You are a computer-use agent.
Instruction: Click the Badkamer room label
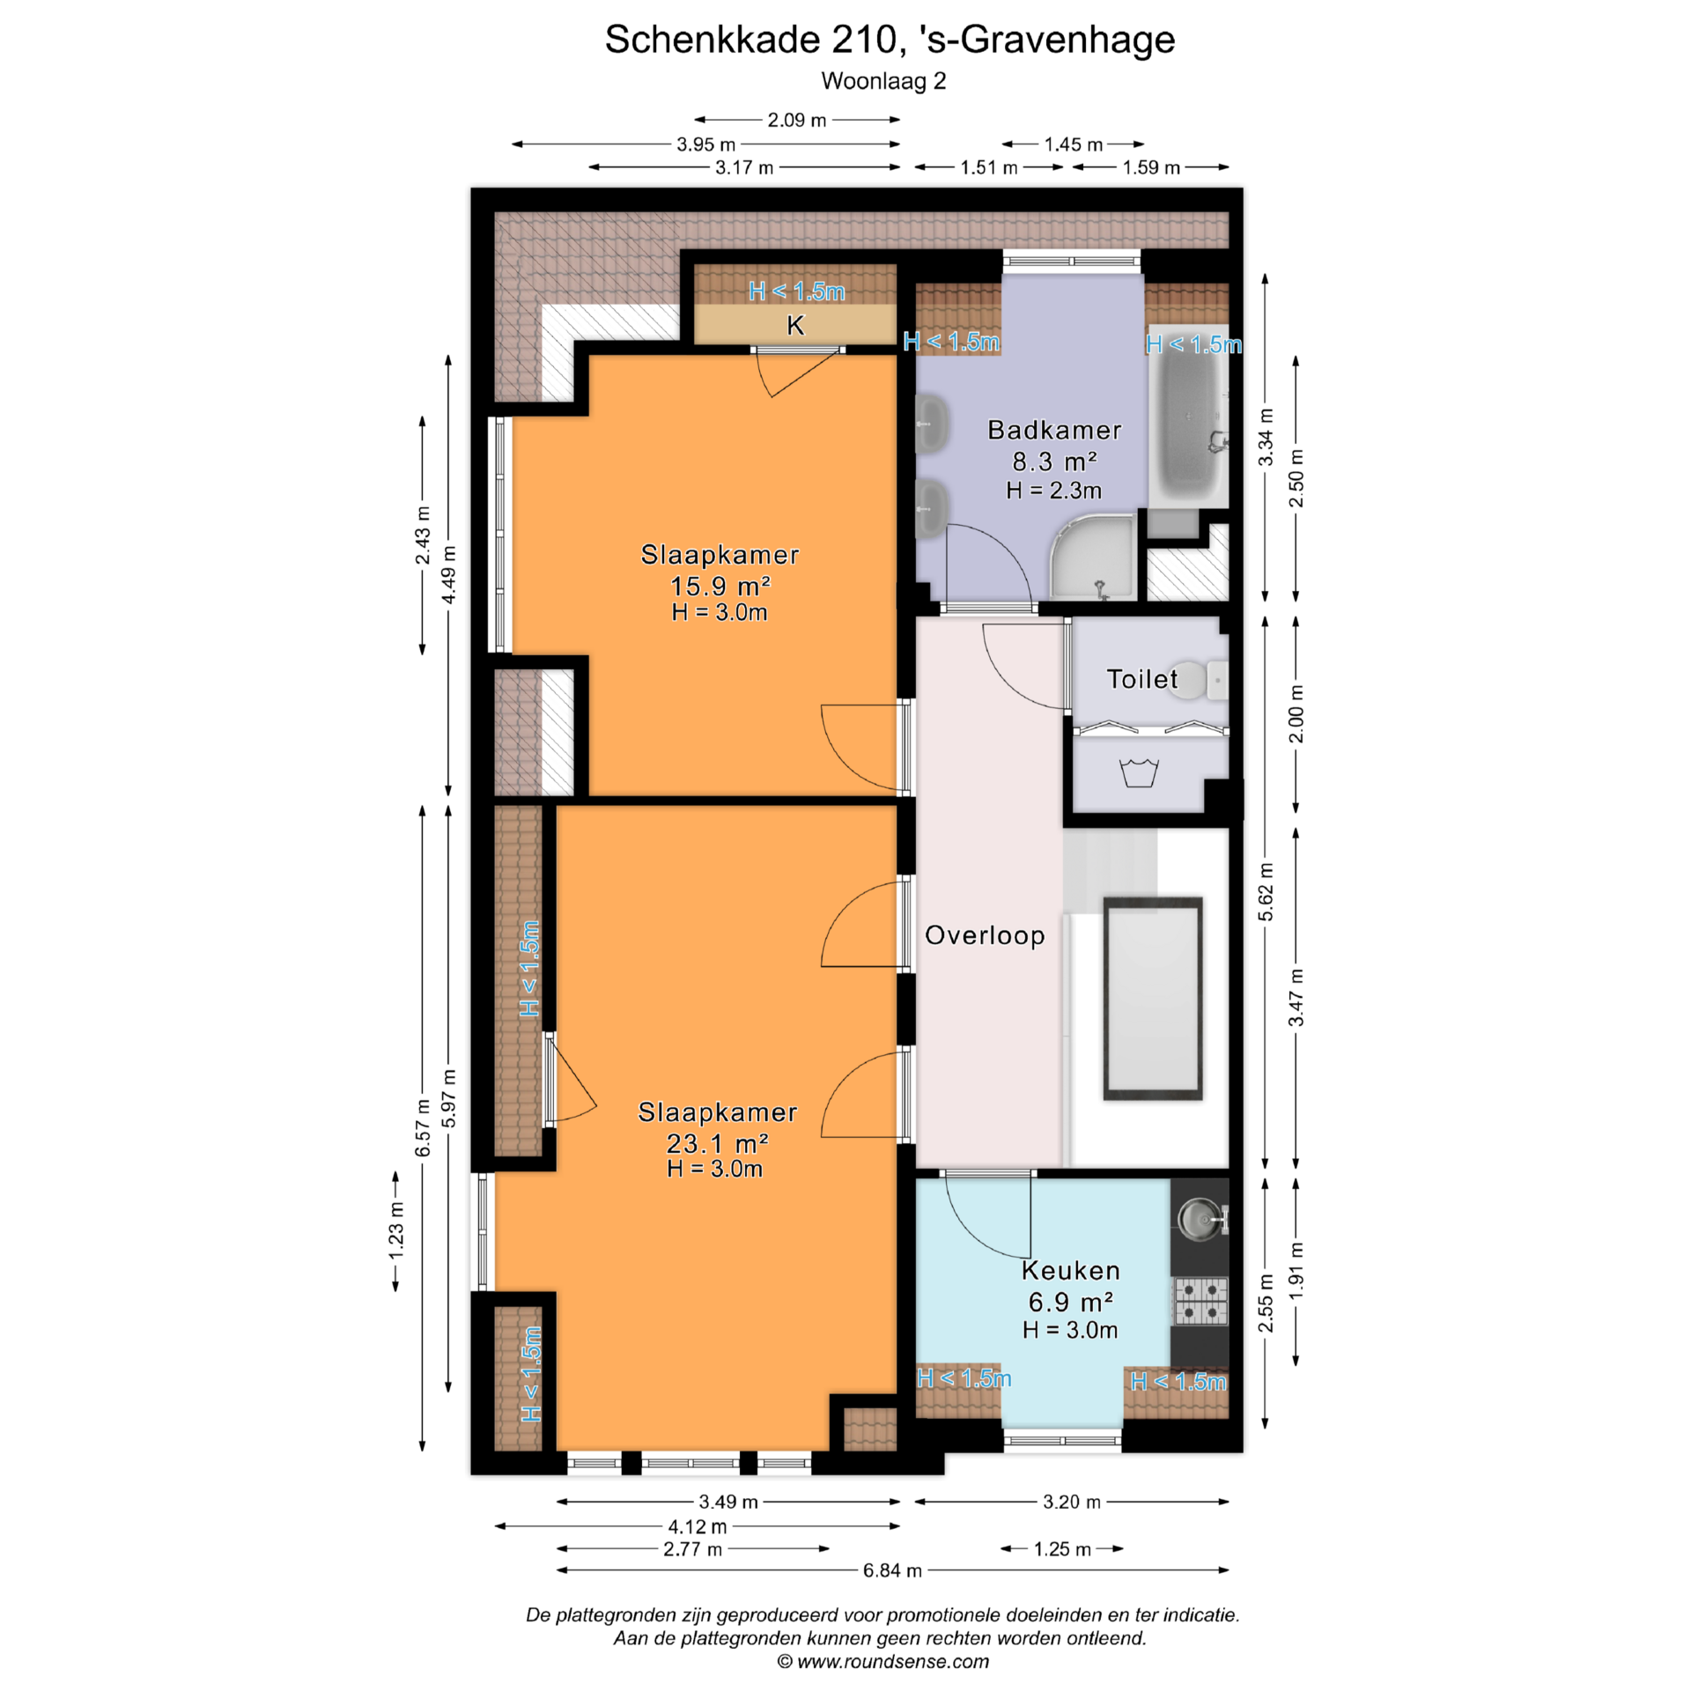pos(1054,430)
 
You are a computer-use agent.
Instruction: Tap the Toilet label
pos(1141,679)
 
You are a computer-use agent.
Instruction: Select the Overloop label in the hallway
pos(985,935)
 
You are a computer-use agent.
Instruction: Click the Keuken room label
pos(1070,1270)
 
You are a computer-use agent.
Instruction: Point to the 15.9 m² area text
pos(720,586)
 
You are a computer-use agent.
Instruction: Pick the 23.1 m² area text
pos(717,1143)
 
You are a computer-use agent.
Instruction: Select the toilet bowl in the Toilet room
pos(1198,680)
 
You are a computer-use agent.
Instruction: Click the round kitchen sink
pos(1199,1219)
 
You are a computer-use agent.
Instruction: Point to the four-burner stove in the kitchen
pos(1200,1302)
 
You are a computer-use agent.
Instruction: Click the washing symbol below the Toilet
pos(1139,772)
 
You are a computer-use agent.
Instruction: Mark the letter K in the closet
pos(795,326)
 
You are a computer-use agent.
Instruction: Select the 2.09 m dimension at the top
pos(797,120)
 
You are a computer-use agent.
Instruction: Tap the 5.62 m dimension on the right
pos(1266,892)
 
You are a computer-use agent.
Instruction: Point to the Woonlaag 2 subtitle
pos(883,81)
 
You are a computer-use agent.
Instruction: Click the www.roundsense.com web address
pos(893,1662)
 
